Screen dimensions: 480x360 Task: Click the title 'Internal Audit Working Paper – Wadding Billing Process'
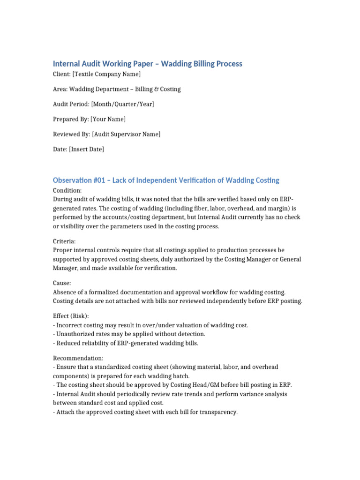[147, 63]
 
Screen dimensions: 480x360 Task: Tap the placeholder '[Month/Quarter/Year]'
[122, 104]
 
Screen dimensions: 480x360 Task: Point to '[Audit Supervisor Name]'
[126, 134]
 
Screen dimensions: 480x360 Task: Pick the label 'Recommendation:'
[78, 358]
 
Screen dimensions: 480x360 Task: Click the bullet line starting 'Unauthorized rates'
[130, 334]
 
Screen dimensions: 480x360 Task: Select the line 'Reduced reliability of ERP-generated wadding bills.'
[127, 343]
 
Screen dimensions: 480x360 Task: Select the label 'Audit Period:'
[71, 104]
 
